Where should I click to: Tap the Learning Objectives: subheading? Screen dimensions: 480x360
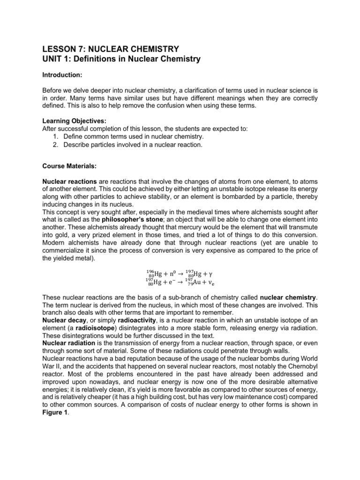point(71,120)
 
